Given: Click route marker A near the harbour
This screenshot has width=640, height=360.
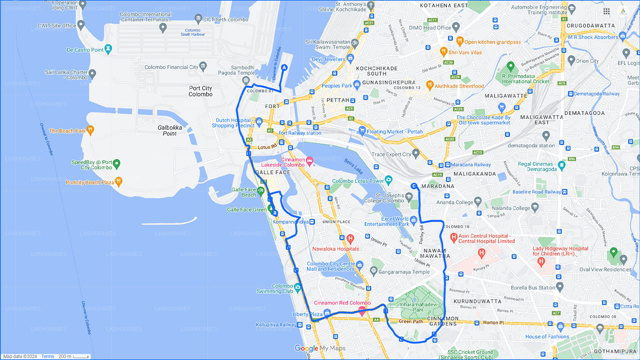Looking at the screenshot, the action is point(284,67).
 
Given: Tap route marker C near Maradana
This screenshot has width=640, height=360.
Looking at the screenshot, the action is point(414,186).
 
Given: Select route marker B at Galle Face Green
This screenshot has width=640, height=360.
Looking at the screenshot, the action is point(274,212).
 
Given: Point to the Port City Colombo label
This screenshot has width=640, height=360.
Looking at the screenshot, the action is point(200,91).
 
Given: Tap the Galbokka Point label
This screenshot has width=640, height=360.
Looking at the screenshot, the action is point(170,130).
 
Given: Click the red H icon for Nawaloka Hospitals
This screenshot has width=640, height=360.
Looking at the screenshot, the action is point(350,238).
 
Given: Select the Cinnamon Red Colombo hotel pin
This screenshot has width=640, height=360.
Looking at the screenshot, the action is point(361,311).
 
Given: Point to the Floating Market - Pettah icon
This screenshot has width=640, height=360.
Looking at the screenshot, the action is point(362,131).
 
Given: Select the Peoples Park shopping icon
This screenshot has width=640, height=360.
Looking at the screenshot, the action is point(356,85).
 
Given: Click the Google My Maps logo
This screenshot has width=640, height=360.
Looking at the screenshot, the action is point(319,348).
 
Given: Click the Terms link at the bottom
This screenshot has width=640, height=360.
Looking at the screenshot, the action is point(48,356).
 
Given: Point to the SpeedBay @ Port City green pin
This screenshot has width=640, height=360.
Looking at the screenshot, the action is point(116,163).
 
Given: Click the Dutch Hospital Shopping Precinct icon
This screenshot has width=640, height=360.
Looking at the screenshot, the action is point(258,121).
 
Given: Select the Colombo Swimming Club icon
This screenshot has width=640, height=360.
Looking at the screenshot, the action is point(298,287).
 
